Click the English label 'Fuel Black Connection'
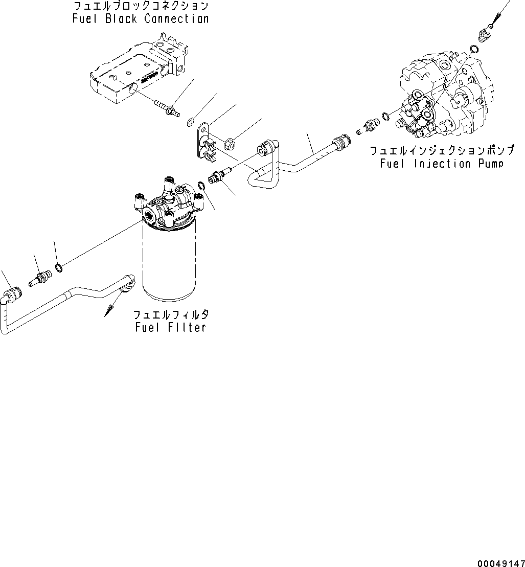pos(141,19)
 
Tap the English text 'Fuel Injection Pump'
pos(442,164)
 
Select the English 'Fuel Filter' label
pos(171,327)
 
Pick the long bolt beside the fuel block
pos(167,108)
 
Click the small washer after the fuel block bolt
pos(190,122)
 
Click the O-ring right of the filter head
pos(201,185)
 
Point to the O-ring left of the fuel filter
pos(59,267)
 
